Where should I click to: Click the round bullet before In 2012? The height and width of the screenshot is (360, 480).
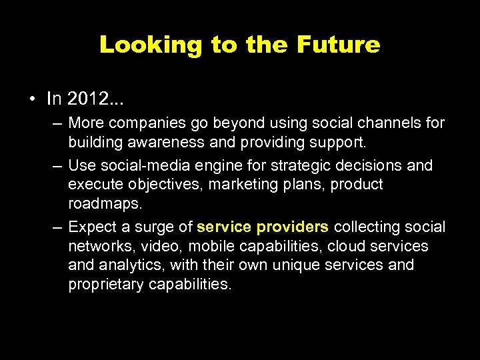(x=32, y=100)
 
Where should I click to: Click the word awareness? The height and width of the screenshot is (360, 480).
(x=167, y=142)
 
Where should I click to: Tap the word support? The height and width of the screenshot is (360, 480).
(x=341, y=142)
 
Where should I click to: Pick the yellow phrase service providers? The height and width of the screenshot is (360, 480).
(x=263, y=227)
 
